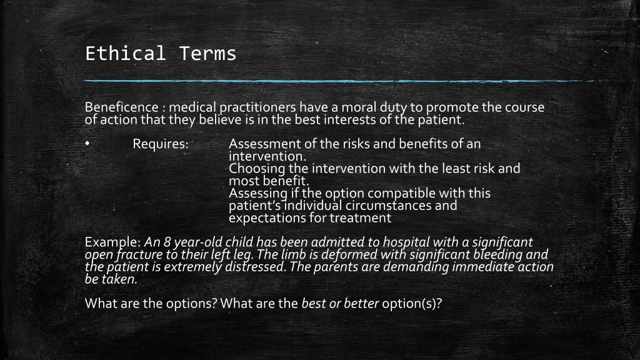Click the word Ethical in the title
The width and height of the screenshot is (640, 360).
pos(125,54)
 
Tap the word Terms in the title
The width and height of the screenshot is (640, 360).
pos(207,54)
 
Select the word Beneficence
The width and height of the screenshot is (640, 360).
pos(122,107)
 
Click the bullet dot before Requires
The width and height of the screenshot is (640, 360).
pos(87,143)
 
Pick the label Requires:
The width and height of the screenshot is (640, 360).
pos(161,144)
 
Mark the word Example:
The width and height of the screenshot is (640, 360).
pos(113,242)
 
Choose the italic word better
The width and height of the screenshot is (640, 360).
pos(361,303)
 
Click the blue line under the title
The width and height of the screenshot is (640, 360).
pos(355,81)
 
